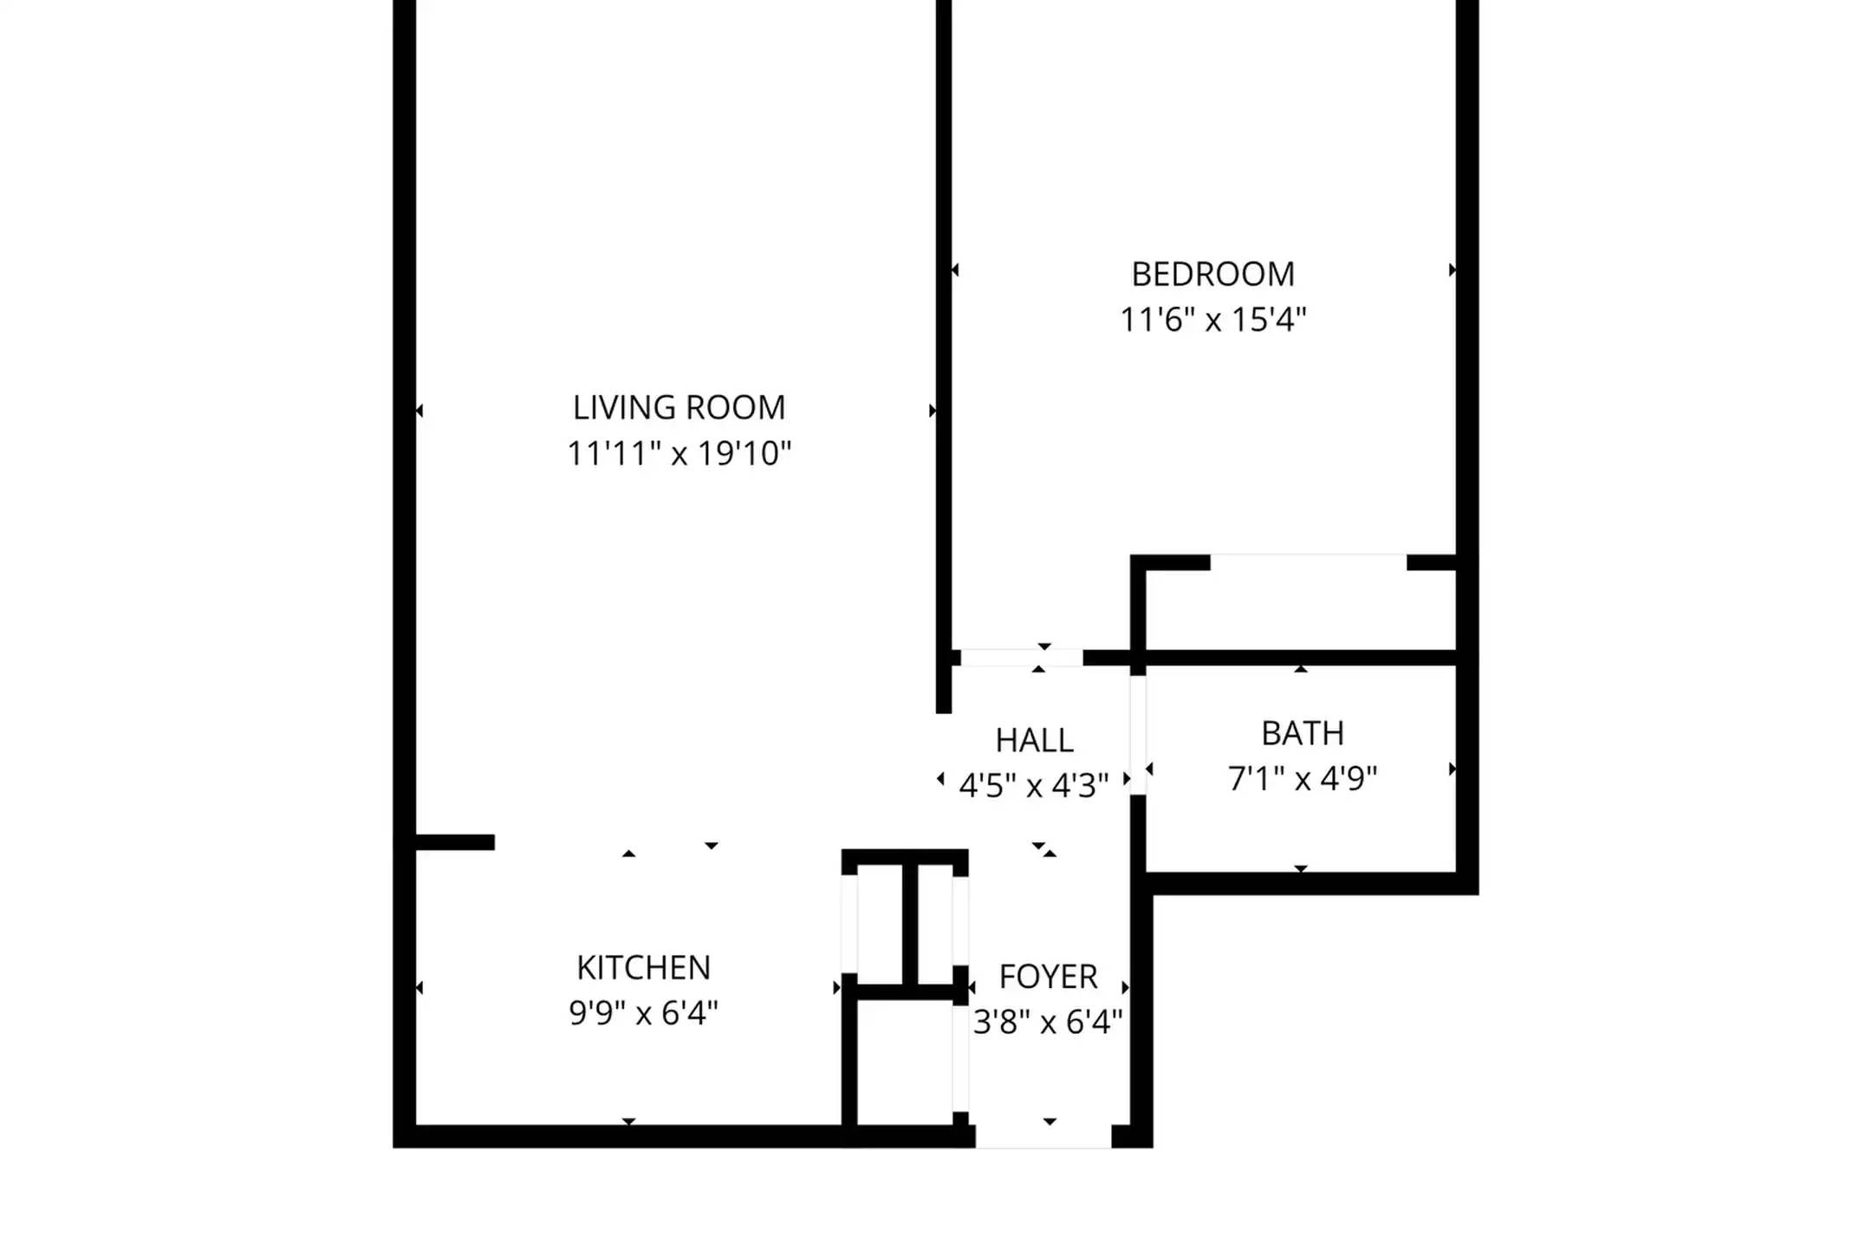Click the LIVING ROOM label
[679, 407]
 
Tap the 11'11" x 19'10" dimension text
[679, 453]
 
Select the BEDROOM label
[1212, 275]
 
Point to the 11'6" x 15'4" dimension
[1212, 320]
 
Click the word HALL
[1034, 740]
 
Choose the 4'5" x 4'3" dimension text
[1034, 786]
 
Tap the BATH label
[1302, 734]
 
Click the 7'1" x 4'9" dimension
[1302, 779]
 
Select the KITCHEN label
[643, 967]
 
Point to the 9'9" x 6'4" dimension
[643, 1012]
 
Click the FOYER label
[1048, 977]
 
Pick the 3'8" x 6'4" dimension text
[1048, 1023]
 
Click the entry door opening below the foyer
[1043, 1136]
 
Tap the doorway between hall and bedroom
[1022, 658]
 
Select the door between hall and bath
[1138, 735]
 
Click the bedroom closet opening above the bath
[1308, 562]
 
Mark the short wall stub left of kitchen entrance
[455, 842]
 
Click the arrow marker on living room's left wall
[419, 411]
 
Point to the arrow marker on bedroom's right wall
[1453, 270]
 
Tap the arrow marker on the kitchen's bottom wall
[629, 1121]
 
